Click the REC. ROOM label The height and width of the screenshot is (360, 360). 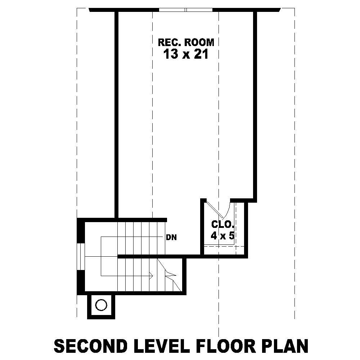click(186, 42)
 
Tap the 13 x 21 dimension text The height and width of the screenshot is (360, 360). click(186, 54)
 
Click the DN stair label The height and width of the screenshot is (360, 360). click(171, 238)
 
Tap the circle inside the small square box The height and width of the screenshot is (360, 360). click(101, 305)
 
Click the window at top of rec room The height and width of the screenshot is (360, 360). click(185, 10)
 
